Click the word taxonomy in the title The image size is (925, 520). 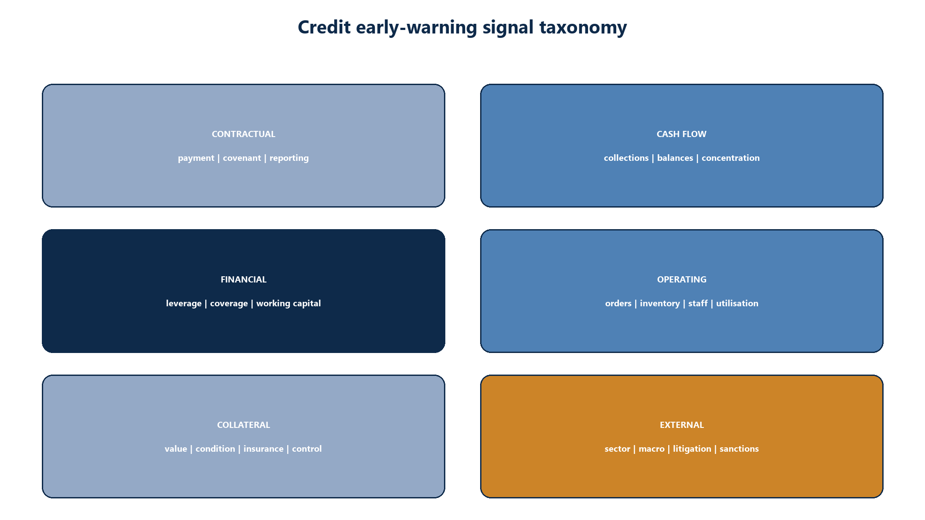tap(583, 28)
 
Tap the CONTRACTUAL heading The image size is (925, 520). tap(244, 134)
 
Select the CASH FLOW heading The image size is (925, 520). tap(681, 134)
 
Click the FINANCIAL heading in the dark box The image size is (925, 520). tap(244, 279)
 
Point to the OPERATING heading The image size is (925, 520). tap(682, 279)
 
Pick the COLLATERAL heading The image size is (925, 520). tap(244, 425)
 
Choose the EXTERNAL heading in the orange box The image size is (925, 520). tap(682, 425)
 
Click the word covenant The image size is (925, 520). tap(242, 158)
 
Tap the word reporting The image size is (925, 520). tap(289, 158)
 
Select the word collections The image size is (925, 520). tap(626, 158)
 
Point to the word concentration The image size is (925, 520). tap(731, 158)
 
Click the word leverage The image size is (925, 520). tap(184, 304)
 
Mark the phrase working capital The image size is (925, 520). tap(289, 304)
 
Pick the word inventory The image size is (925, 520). tap(660, 304)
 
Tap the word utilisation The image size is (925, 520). tap(737, 303)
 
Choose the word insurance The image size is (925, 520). tap(263, 449)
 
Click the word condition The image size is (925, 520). tap(215, 449)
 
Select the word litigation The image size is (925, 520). tap(692, 449)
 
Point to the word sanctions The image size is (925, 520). tap(739, 449)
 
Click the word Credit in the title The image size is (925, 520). tap(324, 27)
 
